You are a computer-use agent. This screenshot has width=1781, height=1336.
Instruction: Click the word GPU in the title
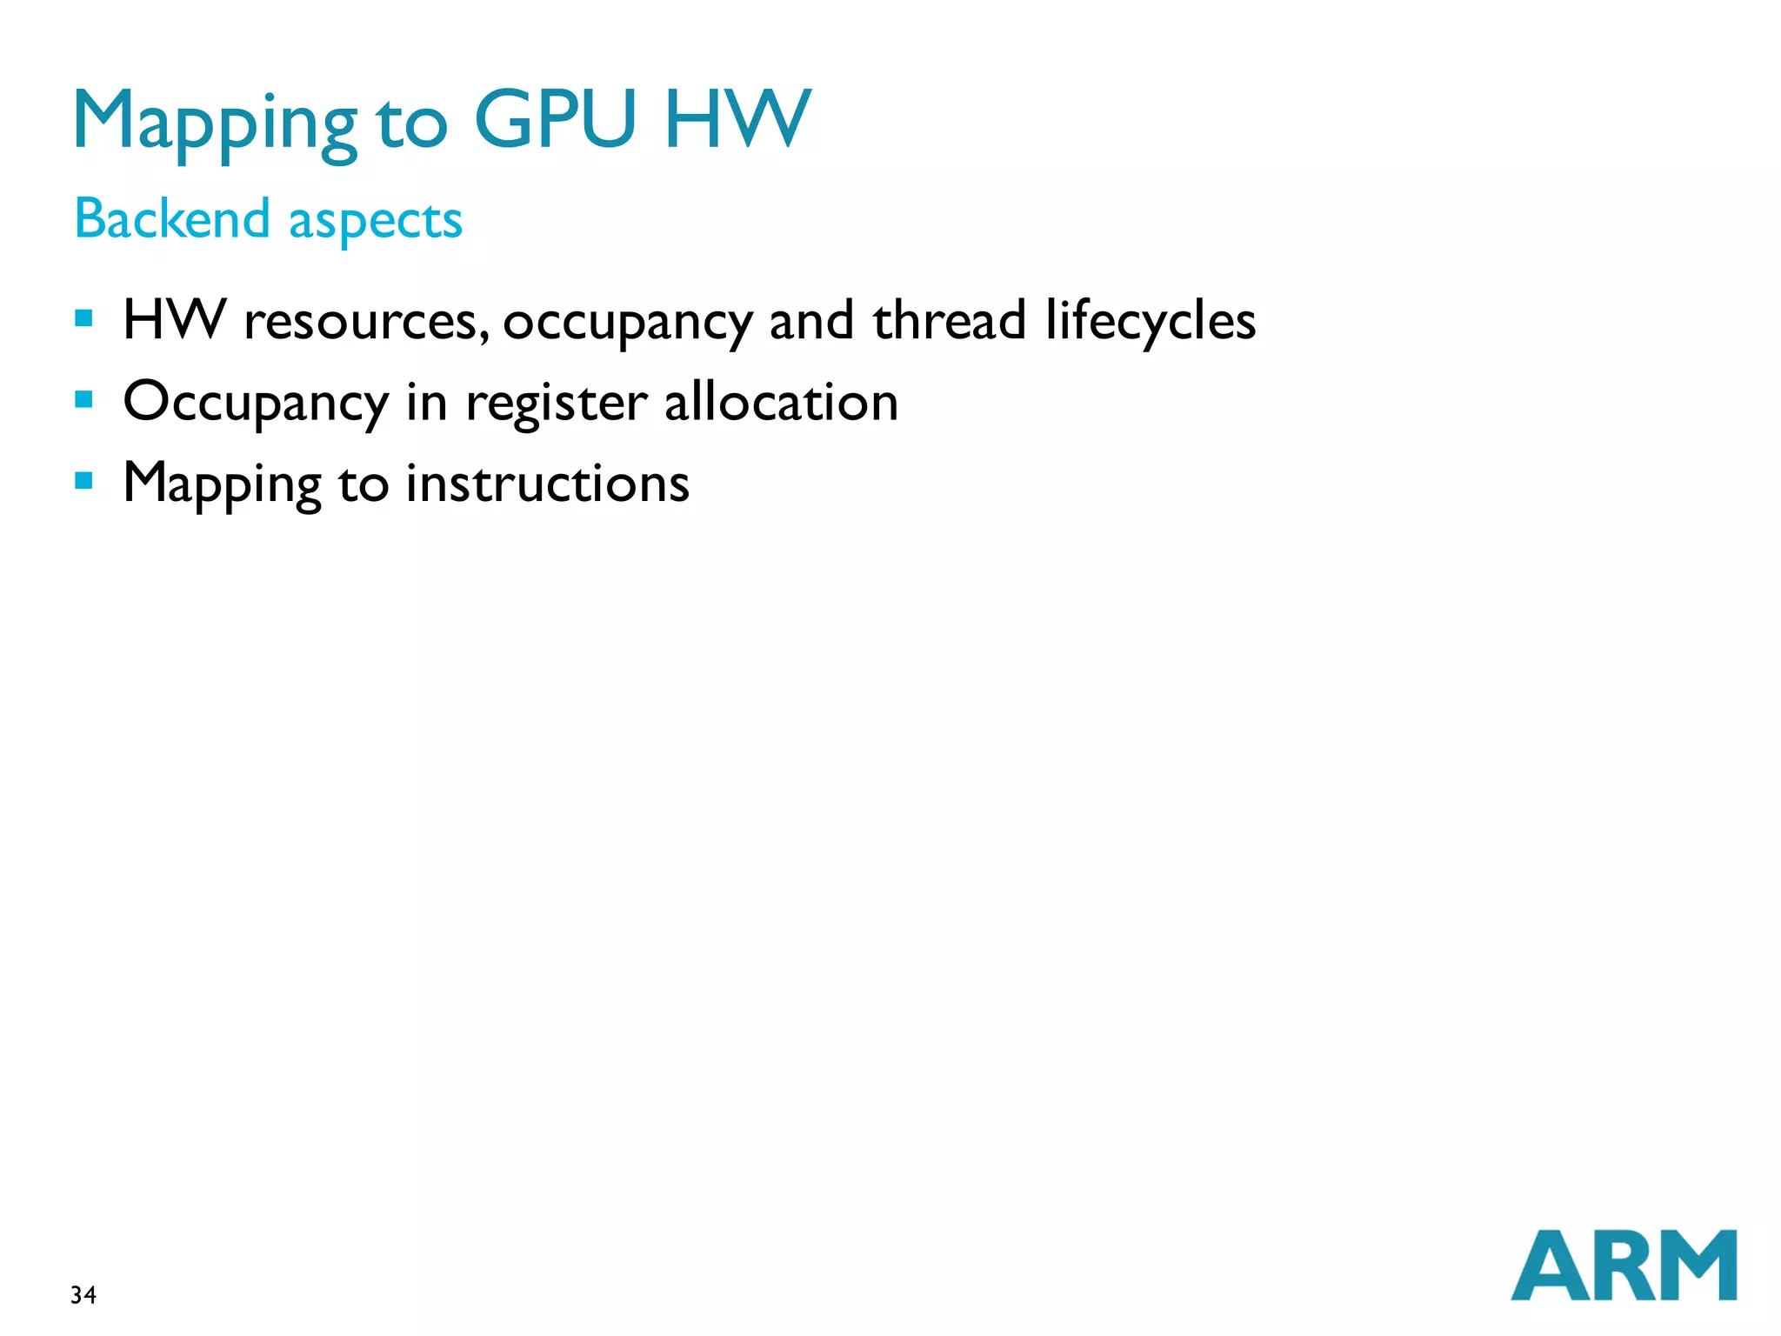555,119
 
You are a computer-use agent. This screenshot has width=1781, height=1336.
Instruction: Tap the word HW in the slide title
737,119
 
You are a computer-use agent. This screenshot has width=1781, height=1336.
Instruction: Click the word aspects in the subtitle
376,221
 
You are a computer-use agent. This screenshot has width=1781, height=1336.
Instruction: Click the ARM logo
1624,1266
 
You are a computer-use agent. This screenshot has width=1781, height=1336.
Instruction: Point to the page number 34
83,1295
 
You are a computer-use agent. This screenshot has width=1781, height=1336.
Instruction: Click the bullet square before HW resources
84,318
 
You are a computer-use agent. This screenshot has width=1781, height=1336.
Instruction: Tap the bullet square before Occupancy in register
84,400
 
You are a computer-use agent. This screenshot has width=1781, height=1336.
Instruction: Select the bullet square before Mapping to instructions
84,481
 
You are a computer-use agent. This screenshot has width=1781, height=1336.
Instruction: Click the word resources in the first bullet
361,322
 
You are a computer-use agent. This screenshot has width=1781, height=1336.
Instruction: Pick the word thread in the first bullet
950,319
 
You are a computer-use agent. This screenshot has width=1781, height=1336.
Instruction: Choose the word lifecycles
1151,320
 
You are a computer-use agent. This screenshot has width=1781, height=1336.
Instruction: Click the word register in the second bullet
557,404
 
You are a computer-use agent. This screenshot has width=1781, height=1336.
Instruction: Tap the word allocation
781,402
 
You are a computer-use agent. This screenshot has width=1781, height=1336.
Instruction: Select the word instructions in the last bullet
548,484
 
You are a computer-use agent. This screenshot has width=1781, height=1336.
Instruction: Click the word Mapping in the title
215,122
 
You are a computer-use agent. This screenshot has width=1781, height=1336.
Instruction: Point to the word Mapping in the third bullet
223,484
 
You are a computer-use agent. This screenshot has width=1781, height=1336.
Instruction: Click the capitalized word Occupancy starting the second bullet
256,404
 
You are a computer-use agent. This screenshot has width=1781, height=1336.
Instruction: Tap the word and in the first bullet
811,319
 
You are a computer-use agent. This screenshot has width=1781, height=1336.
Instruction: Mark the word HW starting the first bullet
175,319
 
